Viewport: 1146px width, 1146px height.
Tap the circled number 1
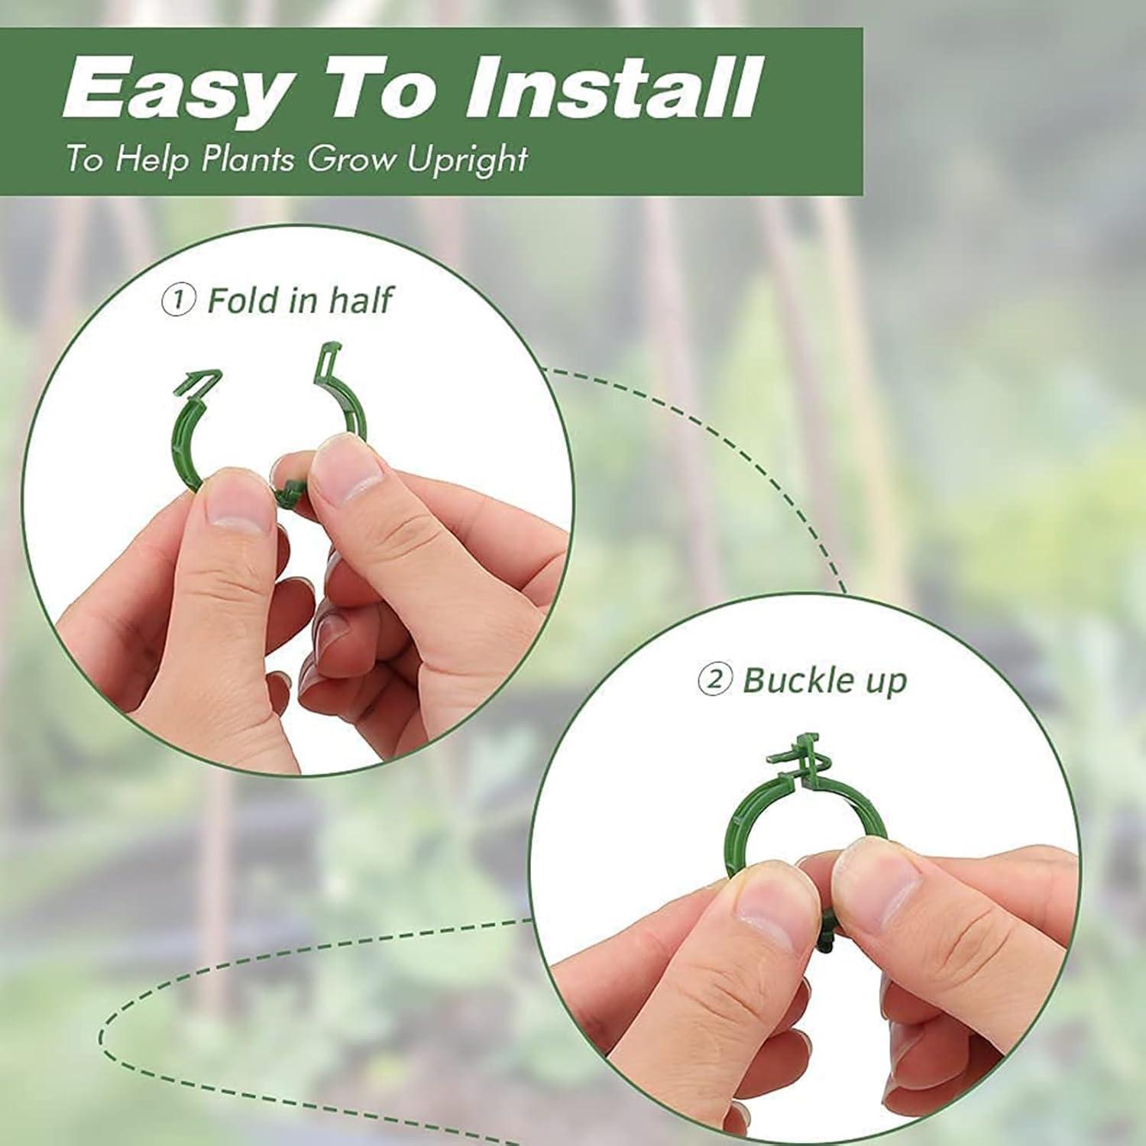click(x=178, y=299)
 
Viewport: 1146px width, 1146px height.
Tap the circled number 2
click(x=714, y=678)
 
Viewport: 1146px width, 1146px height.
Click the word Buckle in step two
click(x=795, y=679)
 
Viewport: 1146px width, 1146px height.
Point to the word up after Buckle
click(x=885, y=681)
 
